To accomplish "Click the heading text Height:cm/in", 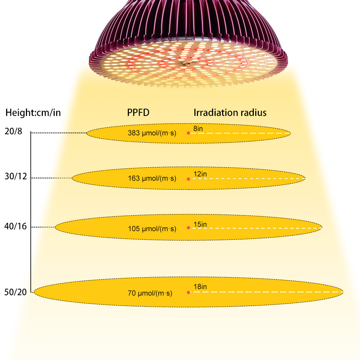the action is pos(33,113).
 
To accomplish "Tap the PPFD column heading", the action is pos(138,113).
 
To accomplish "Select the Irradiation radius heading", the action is pos(230,112).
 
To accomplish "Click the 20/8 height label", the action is pos(14,132).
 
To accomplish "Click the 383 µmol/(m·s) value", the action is pos(152,133).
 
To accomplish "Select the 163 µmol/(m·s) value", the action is pos(152,178).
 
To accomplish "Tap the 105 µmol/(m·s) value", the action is pos(152,229).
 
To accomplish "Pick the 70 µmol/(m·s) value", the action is pos(150,293).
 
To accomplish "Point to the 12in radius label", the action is pos(200,174).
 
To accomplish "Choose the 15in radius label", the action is pos(200,224).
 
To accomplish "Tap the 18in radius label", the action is pos(200,287).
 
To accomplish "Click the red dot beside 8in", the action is pos(188,133).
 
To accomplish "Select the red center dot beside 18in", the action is pos(188,292).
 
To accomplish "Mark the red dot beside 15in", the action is pos(188,228).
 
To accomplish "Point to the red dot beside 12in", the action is pos(188,179).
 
